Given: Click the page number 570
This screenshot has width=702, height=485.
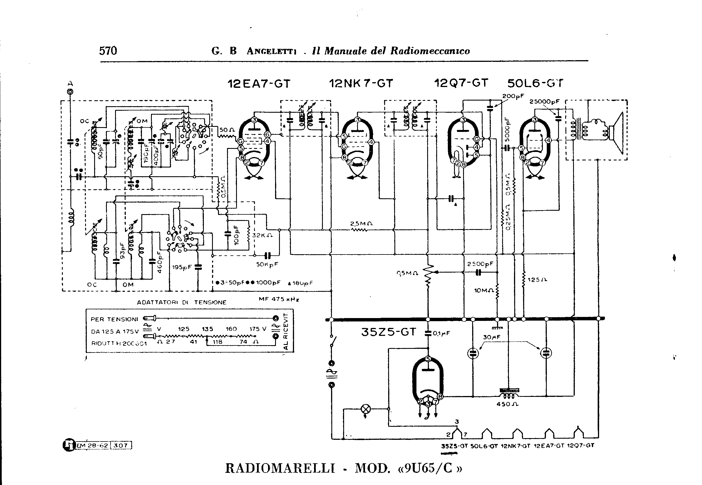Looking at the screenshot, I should [x=108, y=51].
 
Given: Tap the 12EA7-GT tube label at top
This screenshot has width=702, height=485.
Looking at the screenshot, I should [x=259, y=84].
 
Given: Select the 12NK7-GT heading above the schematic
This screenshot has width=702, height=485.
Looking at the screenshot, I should [x=361, y=83].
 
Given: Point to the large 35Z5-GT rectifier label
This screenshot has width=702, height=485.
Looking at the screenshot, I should [x=388, y=332].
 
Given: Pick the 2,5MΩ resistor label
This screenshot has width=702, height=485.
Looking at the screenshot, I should [x=361, y=224].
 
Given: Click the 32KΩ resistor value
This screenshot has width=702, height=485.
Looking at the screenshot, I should [x=262, y=235].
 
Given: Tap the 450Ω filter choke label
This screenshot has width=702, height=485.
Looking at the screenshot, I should [x=507, y=404].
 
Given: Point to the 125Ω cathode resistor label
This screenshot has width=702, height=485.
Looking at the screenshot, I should [x=537, y=280].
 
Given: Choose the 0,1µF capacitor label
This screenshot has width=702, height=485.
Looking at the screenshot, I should [x=441, y=333].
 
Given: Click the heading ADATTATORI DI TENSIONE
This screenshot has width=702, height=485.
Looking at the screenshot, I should [x=182, y=302].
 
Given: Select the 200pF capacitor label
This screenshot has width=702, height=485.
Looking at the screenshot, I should [x=513, y=96].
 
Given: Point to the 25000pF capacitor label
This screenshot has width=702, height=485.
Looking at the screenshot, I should [x=545, y=101].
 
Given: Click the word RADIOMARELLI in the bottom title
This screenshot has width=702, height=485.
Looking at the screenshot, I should [x=280, y=468].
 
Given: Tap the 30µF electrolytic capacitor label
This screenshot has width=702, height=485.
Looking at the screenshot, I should [x=492, y=337].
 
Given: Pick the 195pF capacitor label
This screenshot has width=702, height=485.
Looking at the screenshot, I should [x=182, y=267].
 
